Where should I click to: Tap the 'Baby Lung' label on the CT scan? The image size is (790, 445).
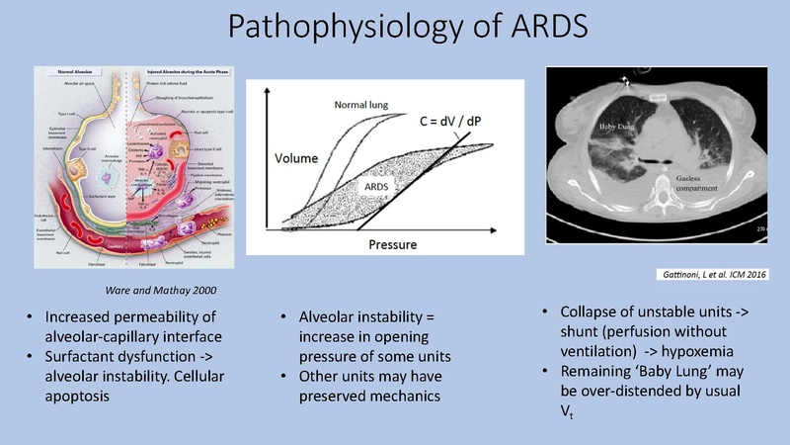coord(619,128)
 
